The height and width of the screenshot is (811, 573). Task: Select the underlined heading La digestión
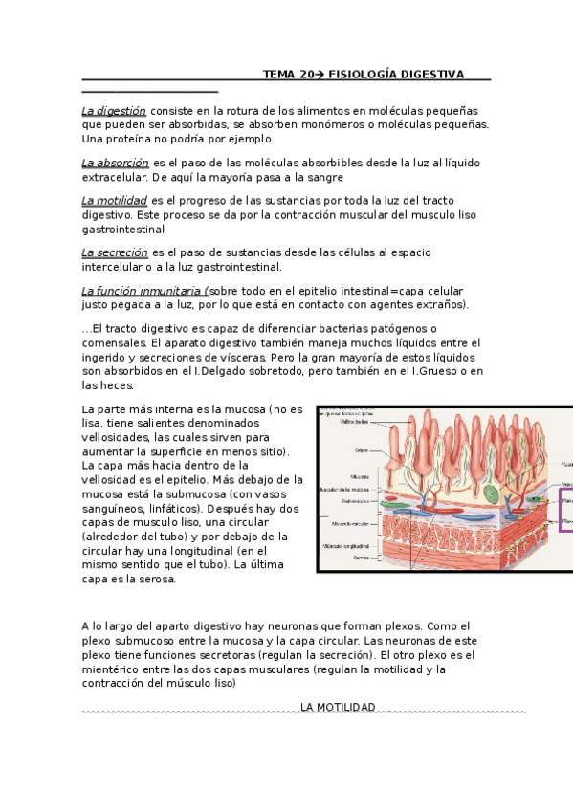pos(114,111)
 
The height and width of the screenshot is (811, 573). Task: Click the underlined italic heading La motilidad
pos(114,201)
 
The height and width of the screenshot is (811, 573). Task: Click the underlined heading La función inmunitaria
pos(143,291)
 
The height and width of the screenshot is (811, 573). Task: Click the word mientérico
pos(114,669)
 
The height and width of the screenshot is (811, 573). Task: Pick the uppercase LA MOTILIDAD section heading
pos(338,708)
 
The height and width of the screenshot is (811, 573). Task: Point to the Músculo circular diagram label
pos(351,524)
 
